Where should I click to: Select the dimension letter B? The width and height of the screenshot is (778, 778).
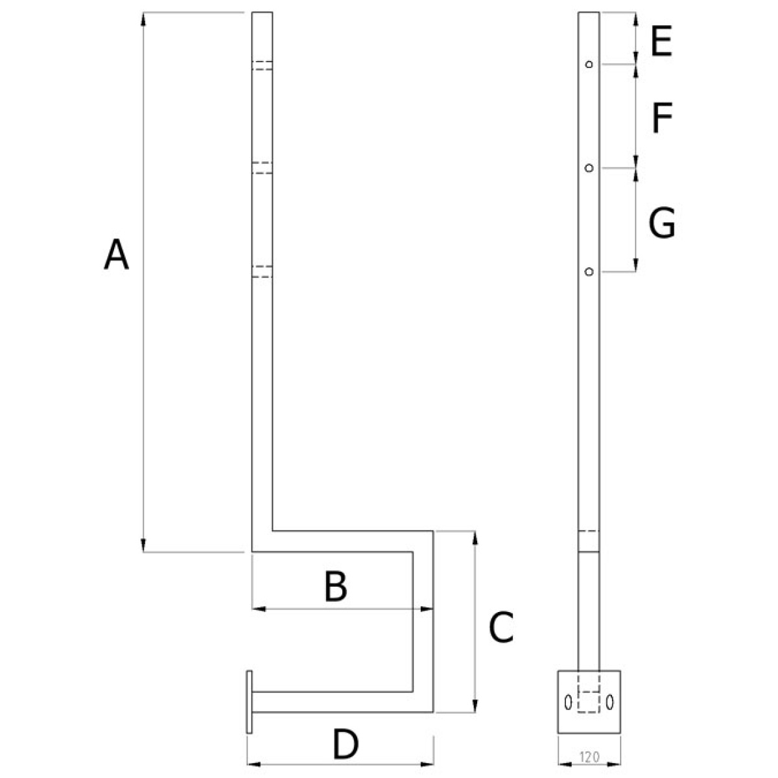(x=336, y=587)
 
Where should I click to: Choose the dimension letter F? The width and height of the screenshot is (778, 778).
(x=662, y=119)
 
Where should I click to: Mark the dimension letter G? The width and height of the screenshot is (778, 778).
(x=662, y=224)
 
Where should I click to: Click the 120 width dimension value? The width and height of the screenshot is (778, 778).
(x=589, y=755)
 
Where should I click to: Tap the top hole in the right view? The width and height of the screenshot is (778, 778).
(x=589, y=64)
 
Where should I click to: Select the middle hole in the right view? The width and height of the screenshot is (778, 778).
(x=589, y=169)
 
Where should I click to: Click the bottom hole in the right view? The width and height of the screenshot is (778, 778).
(x=589, y=272)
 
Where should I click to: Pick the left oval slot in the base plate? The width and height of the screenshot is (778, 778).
(x=569, y=702)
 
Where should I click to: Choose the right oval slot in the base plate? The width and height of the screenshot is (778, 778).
(x=609, y=702)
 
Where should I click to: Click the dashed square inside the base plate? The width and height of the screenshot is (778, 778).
(x=589, y=702)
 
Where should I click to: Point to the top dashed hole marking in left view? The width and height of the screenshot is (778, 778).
(x=262, y=65)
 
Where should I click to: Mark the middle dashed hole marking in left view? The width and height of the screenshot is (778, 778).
(x=262, y=168)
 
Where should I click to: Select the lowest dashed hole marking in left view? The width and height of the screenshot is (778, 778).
(x=262, y=272)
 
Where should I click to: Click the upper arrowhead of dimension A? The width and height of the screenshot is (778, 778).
(x=144, y=18)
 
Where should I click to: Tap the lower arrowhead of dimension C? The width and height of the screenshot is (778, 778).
(x=476, y=706)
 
